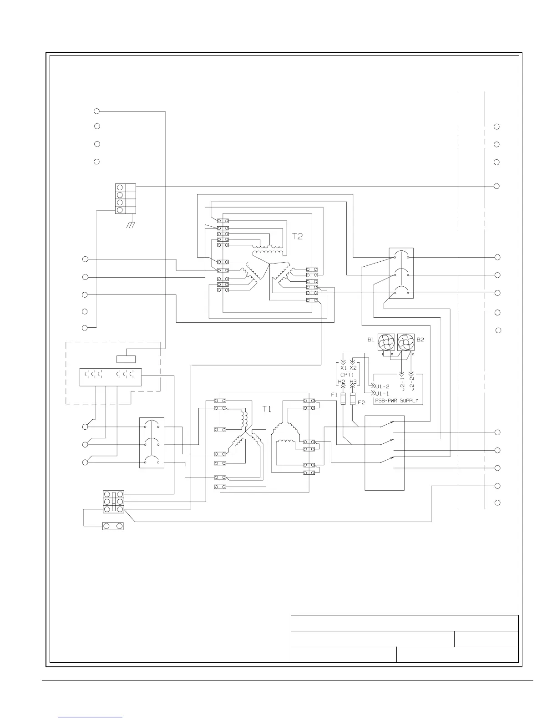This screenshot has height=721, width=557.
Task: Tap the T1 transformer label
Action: [x=267, y=409]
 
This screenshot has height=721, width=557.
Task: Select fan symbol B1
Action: [x=386, y=342]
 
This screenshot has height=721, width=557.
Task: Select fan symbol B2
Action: [x=406, y=342]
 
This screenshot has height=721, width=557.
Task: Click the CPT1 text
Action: [x=348, y=375]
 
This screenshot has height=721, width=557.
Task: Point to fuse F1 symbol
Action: [x=343, y=399]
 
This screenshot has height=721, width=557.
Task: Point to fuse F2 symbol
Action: [x=353, y=399]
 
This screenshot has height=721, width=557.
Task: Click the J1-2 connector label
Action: [x=382, y=386]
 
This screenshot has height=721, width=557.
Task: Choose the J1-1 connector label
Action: [x=382, y=393]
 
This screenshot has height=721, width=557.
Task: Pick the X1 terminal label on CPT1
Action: [x=344, y=367]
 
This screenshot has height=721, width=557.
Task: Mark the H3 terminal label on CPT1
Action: [x=353, y=382]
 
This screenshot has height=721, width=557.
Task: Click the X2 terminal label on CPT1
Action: [x=353, y=367]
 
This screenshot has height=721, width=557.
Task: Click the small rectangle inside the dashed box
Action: [x=126, y=358]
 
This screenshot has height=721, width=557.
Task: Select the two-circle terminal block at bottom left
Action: [x=113, y=526]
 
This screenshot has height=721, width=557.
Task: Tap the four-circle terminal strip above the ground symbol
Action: [x=126, y=198]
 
